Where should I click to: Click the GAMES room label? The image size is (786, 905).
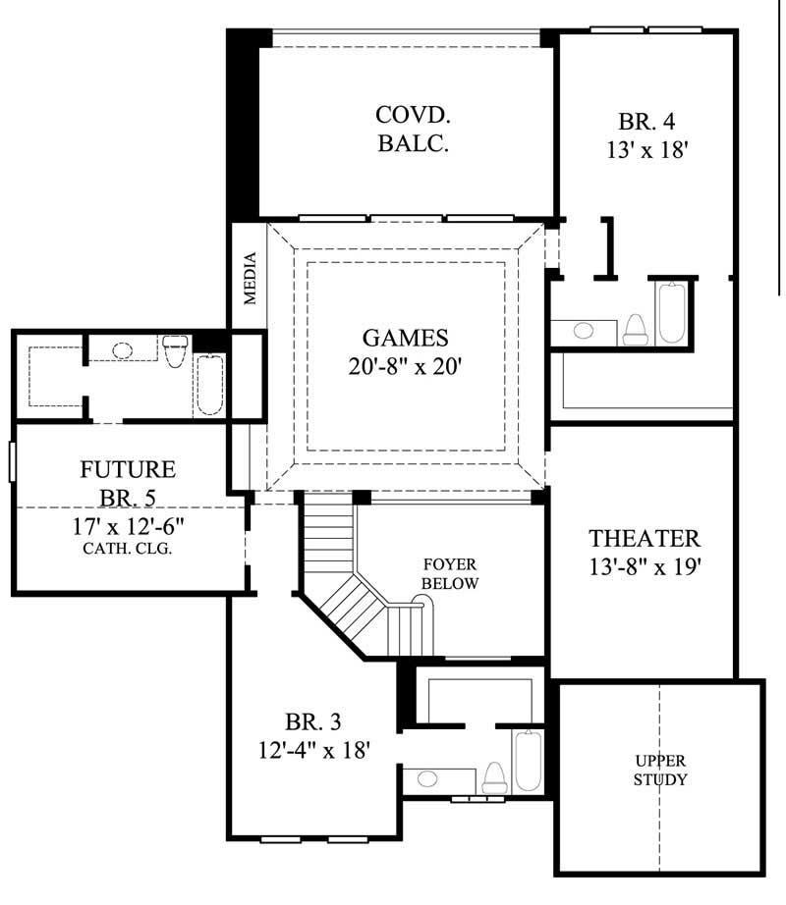pyautogui.click(x=405, y=338)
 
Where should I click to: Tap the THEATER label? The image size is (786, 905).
pyautogui.click(x=644, y=538)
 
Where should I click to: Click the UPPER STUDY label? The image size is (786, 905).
pyautogui.click(x=659, y=771)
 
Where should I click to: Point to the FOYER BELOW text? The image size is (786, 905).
pyautogui.click(x=450, y=574)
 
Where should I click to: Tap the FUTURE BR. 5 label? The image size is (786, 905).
pyautogui.click(x=128, y=481)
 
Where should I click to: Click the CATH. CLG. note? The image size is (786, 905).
pyautogui.click(x=128, y=549)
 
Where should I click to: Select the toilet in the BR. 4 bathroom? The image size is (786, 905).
pyautogui.click(x=635, y=329)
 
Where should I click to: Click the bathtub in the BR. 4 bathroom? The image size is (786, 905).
pyautogui.click(x=672, y=312)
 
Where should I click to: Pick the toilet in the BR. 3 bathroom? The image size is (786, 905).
pyautogui.click(x=494, y=777)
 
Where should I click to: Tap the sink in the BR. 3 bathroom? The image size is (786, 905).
pyautogui.click(x=427, y=778)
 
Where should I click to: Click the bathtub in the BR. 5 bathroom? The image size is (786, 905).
pyautogui.click(x=210, y=384)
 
